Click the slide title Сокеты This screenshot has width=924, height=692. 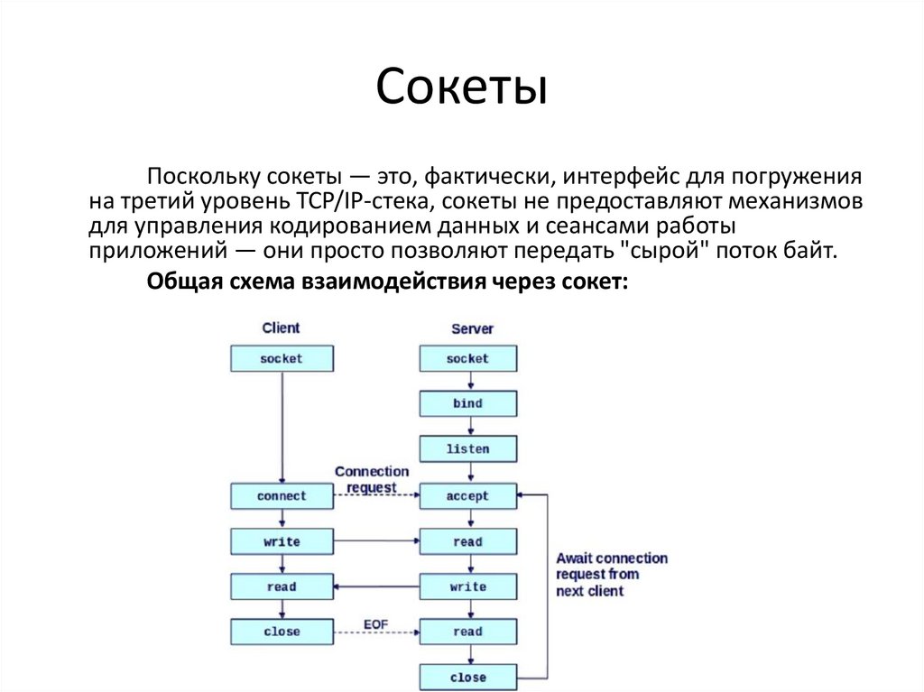[461, 90]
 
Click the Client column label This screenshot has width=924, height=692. [281, 328]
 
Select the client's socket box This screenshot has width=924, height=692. [282, 358]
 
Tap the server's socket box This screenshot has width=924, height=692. [467, 358]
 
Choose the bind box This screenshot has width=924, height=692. [467, 403]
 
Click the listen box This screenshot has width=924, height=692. [467, 448]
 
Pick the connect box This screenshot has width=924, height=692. [282, 495]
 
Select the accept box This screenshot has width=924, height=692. [467, 495]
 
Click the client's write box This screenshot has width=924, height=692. [282, 541]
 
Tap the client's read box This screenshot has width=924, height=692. [282, 586]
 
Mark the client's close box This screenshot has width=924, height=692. [282, 632]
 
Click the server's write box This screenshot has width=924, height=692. [467, 586]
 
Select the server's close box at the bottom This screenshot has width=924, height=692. [467, 677]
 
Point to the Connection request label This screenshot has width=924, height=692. [372, 479]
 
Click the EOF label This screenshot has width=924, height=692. [375, 623]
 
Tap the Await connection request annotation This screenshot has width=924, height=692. [611, 575]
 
